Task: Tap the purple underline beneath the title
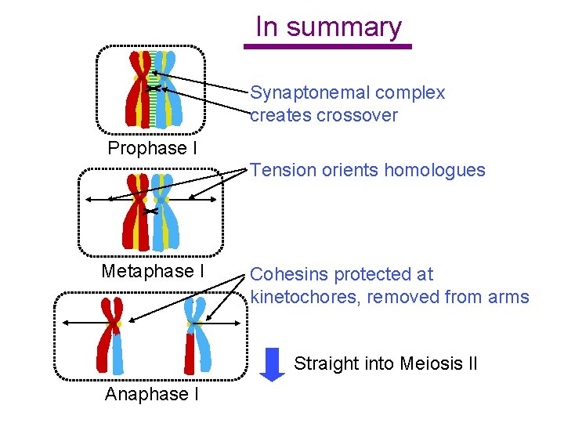pos(327,47)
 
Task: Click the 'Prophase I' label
pos(152,148)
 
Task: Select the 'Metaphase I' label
pos(153,271)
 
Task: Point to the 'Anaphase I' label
pos(151,394)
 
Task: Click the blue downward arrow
pos(272,364)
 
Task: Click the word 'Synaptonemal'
pos(309,92)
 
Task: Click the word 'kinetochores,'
pos(306,297)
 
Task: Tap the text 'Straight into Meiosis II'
pos(385,363)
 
